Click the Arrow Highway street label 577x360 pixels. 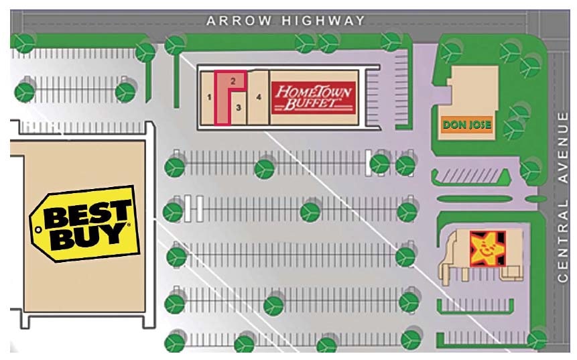pyautogui.click(x=285, y=21)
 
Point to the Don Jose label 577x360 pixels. pyautogui.click(x=467, y=125)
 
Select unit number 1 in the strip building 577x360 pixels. pyautogui.click(x=209, y=98)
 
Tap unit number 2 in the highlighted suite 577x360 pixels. pyautogui.click(x=233, y=80)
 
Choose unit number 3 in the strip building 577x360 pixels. pyautogui.click(x=238, y=106)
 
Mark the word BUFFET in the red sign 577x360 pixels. pyautogui.click(x=314, y=105)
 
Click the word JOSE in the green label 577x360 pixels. pyautogui.click(x=476, y=125)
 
